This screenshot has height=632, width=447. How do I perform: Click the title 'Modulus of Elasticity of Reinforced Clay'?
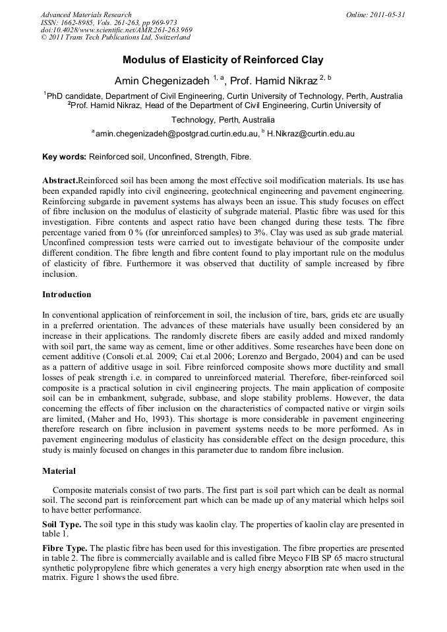point(223,60)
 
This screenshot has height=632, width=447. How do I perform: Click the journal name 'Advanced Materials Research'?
point(86,14)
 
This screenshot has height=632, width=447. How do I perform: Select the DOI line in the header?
point(116,30)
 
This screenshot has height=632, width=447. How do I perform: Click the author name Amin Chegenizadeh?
point(162,80)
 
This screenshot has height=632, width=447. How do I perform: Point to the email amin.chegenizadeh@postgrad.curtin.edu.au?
point(175,134)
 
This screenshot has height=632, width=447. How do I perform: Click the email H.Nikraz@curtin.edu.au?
point(311,134)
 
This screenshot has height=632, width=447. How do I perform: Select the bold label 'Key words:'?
point(64,157)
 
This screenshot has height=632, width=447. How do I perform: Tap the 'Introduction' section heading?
point(67,294)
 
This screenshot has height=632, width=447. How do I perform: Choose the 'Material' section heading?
point(59,471)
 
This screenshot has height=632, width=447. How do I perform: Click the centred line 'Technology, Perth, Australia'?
point(223,120)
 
